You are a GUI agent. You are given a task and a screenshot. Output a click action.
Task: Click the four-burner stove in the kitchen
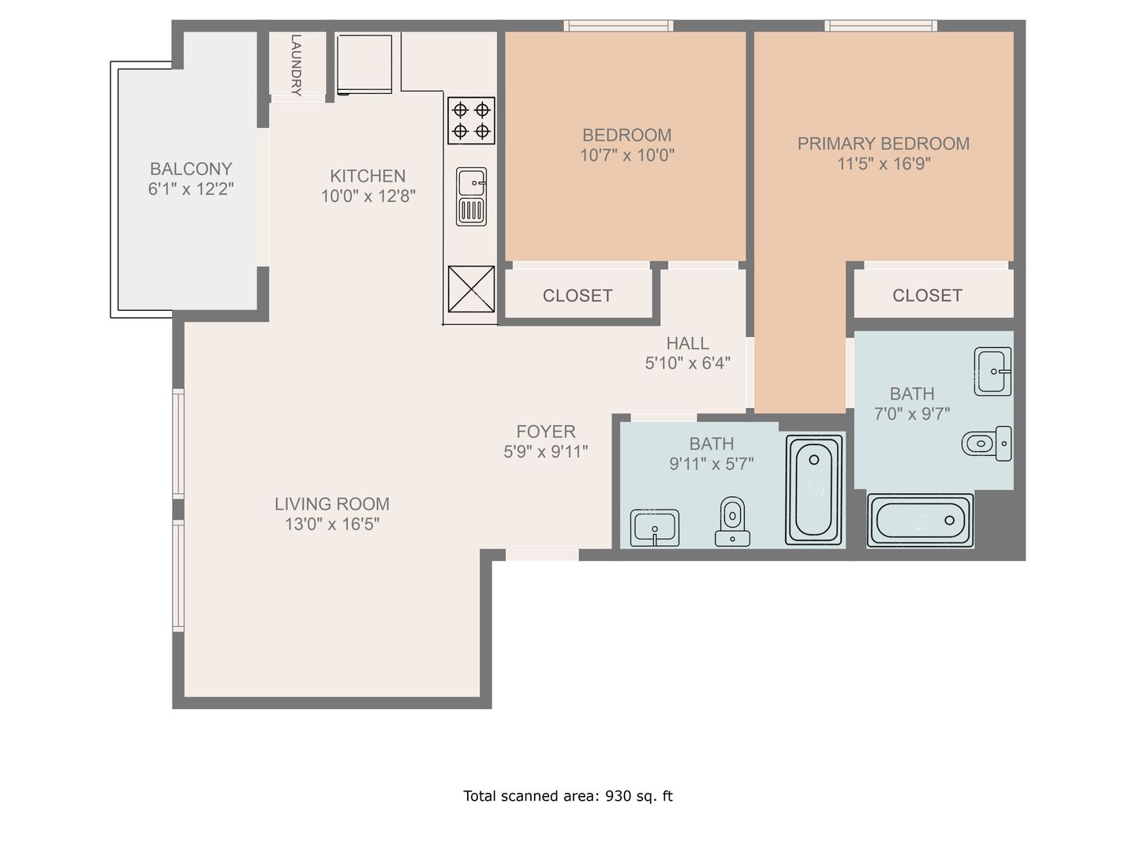(471, 121)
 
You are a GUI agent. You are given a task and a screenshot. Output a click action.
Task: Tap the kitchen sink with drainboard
(471, 196)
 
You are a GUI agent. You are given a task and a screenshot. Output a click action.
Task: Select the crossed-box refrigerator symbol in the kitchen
(471, 290)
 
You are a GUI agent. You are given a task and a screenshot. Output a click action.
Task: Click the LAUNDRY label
(296, 65)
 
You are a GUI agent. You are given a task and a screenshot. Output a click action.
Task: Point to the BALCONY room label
(191, 169)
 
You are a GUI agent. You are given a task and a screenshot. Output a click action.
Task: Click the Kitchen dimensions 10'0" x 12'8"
(368, 196)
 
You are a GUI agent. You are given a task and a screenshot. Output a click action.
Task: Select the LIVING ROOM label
(332, 504)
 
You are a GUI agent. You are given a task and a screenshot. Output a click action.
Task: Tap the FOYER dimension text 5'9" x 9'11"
(545, 451)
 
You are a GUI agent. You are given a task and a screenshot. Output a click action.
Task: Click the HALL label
(687, 343)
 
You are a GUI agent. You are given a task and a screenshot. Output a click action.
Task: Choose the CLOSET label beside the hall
(577, 295)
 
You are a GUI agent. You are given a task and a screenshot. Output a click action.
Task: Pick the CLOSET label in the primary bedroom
(927, 295)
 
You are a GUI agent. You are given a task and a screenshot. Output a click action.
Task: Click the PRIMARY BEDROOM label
(883, 144)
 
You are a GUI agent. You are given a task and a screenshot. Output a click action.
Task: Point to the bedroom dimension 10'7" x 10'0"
(626, 155)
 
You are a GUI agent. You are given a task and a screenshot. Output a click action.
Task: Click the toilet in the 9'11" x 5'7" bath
(732, 521)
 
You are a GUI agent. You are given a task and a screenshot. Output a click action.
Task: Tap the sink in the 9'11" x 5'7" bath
(655, 528)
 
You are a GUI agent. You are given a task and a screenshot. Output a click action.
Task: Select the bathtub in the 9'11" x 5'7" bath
(813, 489)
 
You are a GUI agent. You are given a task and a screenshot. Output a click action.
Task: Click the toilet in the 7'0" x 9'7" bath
(987, 443)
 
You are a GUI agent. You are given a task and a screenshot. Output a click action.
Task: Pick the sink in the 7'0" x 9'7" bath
(992, 372)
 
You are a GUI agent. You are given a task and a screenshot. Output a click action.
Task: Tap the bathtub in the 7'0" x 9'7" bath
(920, 521)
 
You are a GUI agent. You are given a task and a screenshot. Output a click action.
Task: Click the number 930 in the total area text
(618, 796)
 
